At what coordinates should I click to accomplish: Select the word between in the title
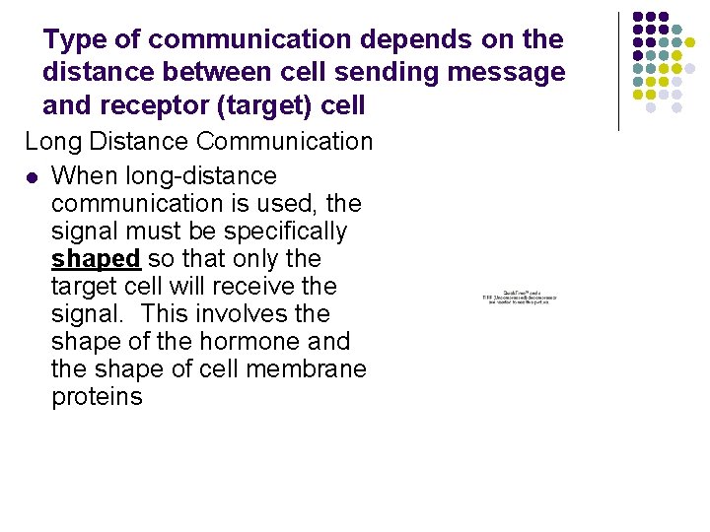(189, 72)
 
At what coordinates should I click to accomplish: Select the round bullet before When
(32, 177)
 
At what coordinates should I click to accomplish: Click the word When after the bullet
(84, 176)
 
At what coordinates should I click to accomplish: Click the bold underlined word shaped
(96, 259)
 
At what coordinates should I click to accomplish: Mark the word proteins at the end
(97, 397)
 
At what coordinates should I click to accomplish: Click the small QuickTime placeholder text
(519, 297)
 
